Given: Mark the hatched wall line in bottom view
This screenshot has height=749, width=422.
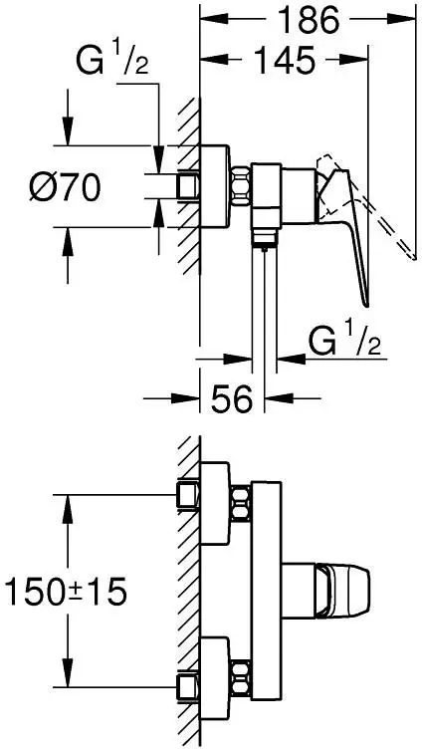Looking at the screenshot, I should pyautogui.click(x=186, y=588).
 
